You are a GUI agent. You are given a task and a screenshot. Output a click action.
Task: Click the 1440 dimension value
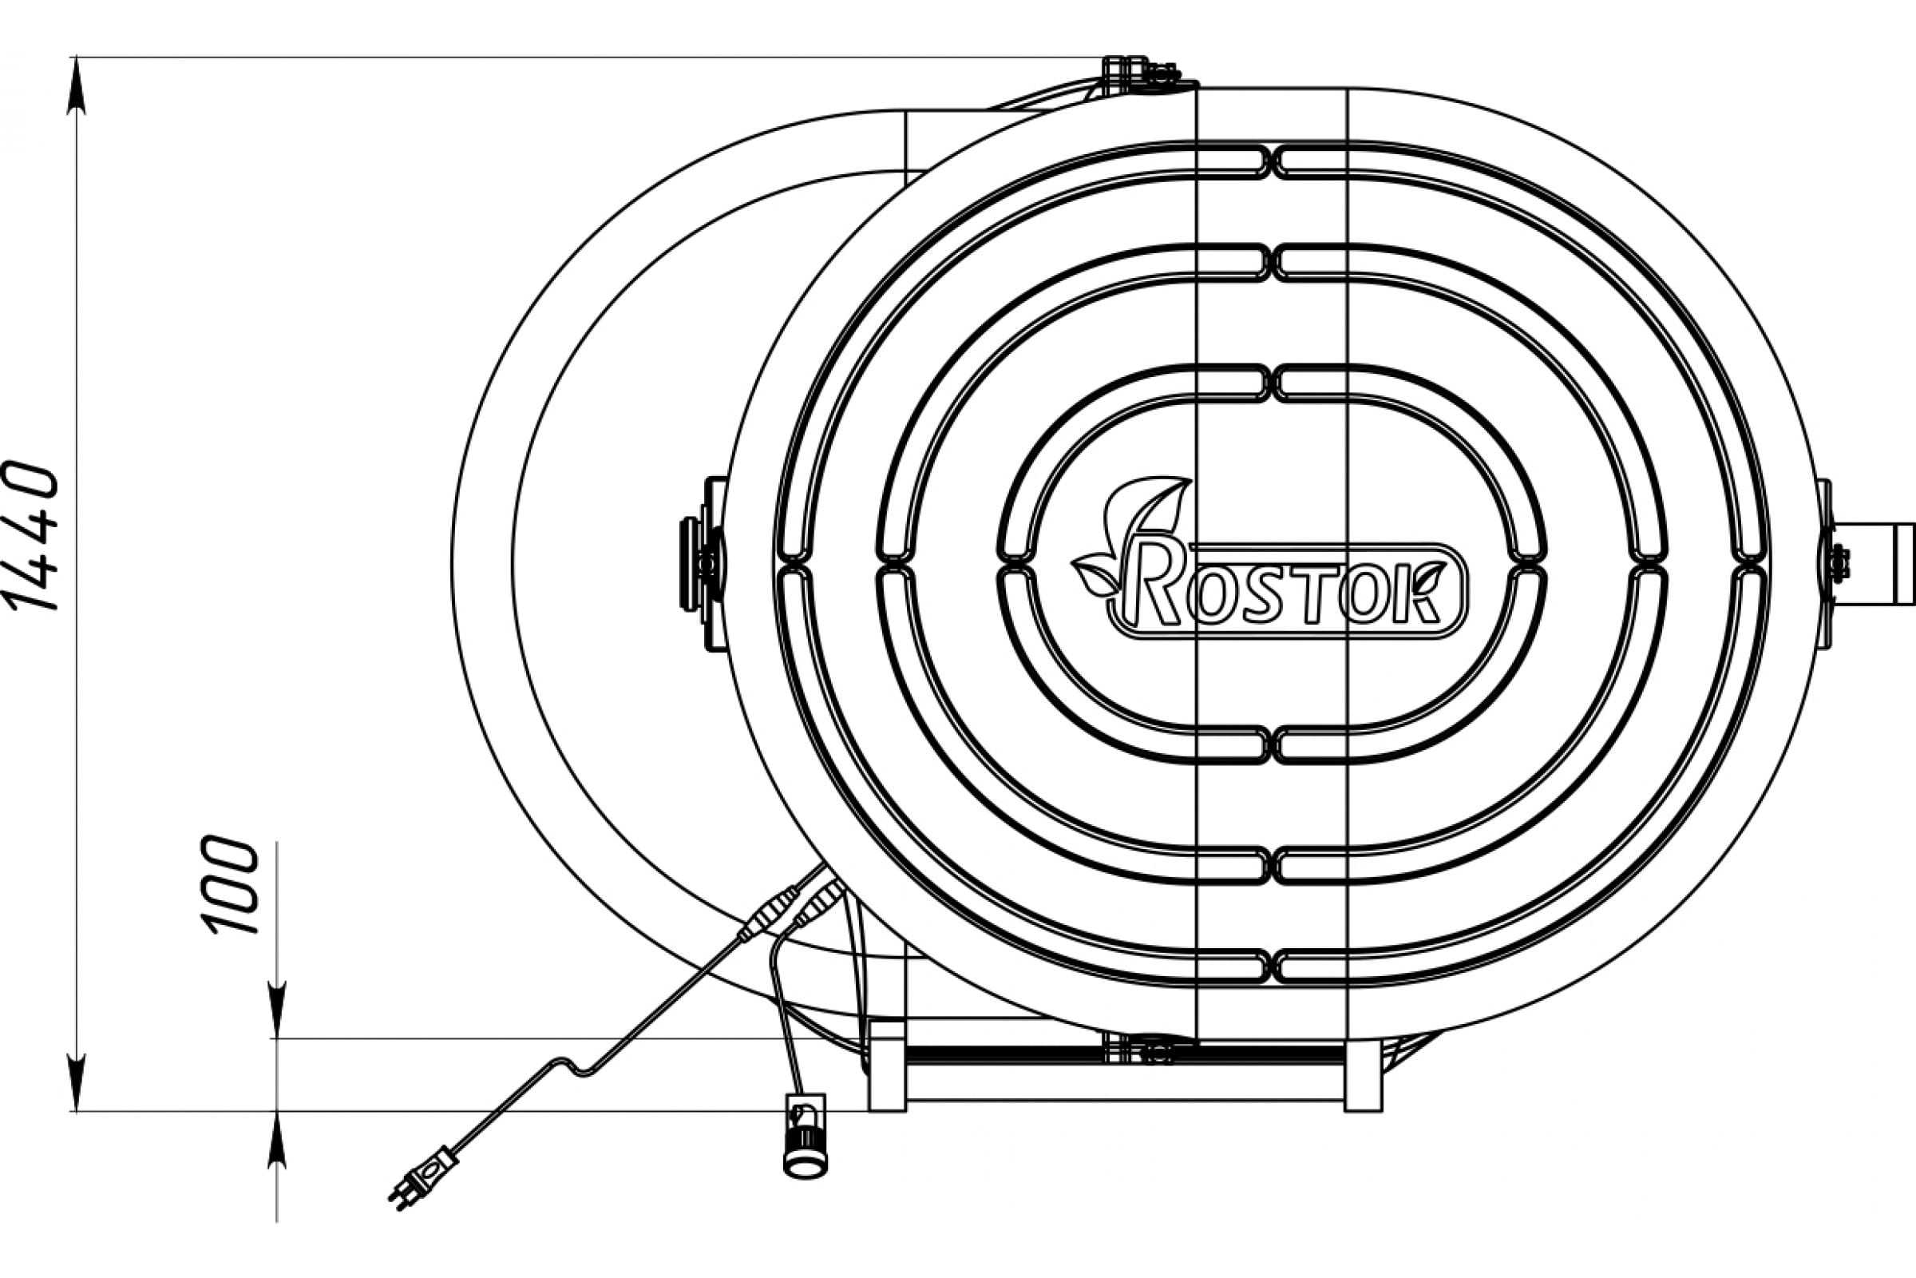33,536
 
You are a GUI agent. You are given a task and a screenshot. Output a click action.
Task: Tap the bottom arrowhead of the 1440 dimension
77,1082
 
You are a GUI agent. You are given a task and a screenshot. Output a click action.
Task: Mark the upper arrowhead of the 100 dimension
277,1010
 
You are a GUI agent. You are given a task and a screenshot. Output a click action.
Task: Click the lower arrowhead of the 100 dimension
277,1140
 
